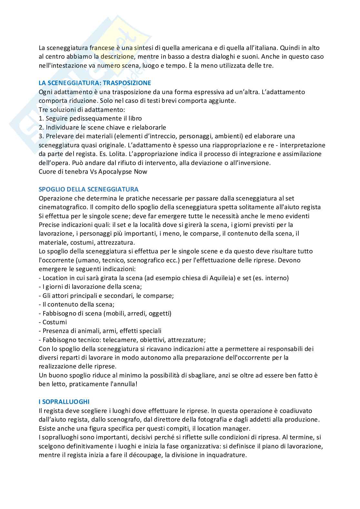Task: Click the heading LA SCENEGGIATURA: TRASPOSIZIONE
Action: (x=95, y=83)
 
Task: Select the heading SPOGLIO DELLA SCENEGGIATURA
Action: (x=88, y=189)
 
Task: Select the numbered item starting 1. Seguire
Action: (x=90, y=118)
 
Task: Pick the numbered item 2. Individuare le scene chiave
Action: (x=102, y=127)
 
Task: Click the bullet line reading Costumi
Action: (x=53, y=322)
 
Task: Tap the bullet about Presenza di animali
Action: (x=100, y=331)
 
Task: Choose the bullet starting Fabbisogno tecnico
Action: (x=122, y=340)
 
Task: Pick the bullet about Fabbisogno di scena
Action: (x=105, y=313)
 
